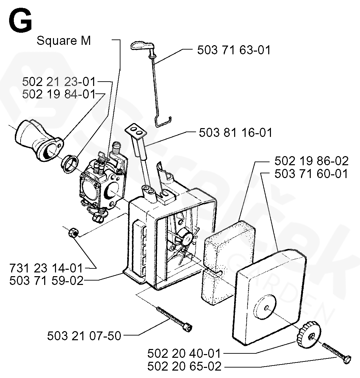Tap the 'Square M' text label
click(x=63, y=41)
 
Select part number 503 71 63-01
click(x=234, y=50)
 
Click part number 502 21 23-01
click(x=59, y=82)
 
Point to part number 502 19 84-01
click(x=59, y=94)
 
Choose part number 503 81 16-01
click(x=235, y=132)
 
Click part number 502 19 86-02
click(x=311, y=161)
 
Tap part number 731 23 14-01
click(x=46, y=268)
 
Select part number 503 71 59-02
click(x=46, y=281)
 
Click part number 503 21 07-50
click(x=84, y=336)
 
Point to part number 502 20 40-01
click(x=184, y=354)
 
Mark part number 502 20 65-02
click(x=184, y=366)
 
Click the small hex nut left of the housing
click(x=73, y=232)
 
